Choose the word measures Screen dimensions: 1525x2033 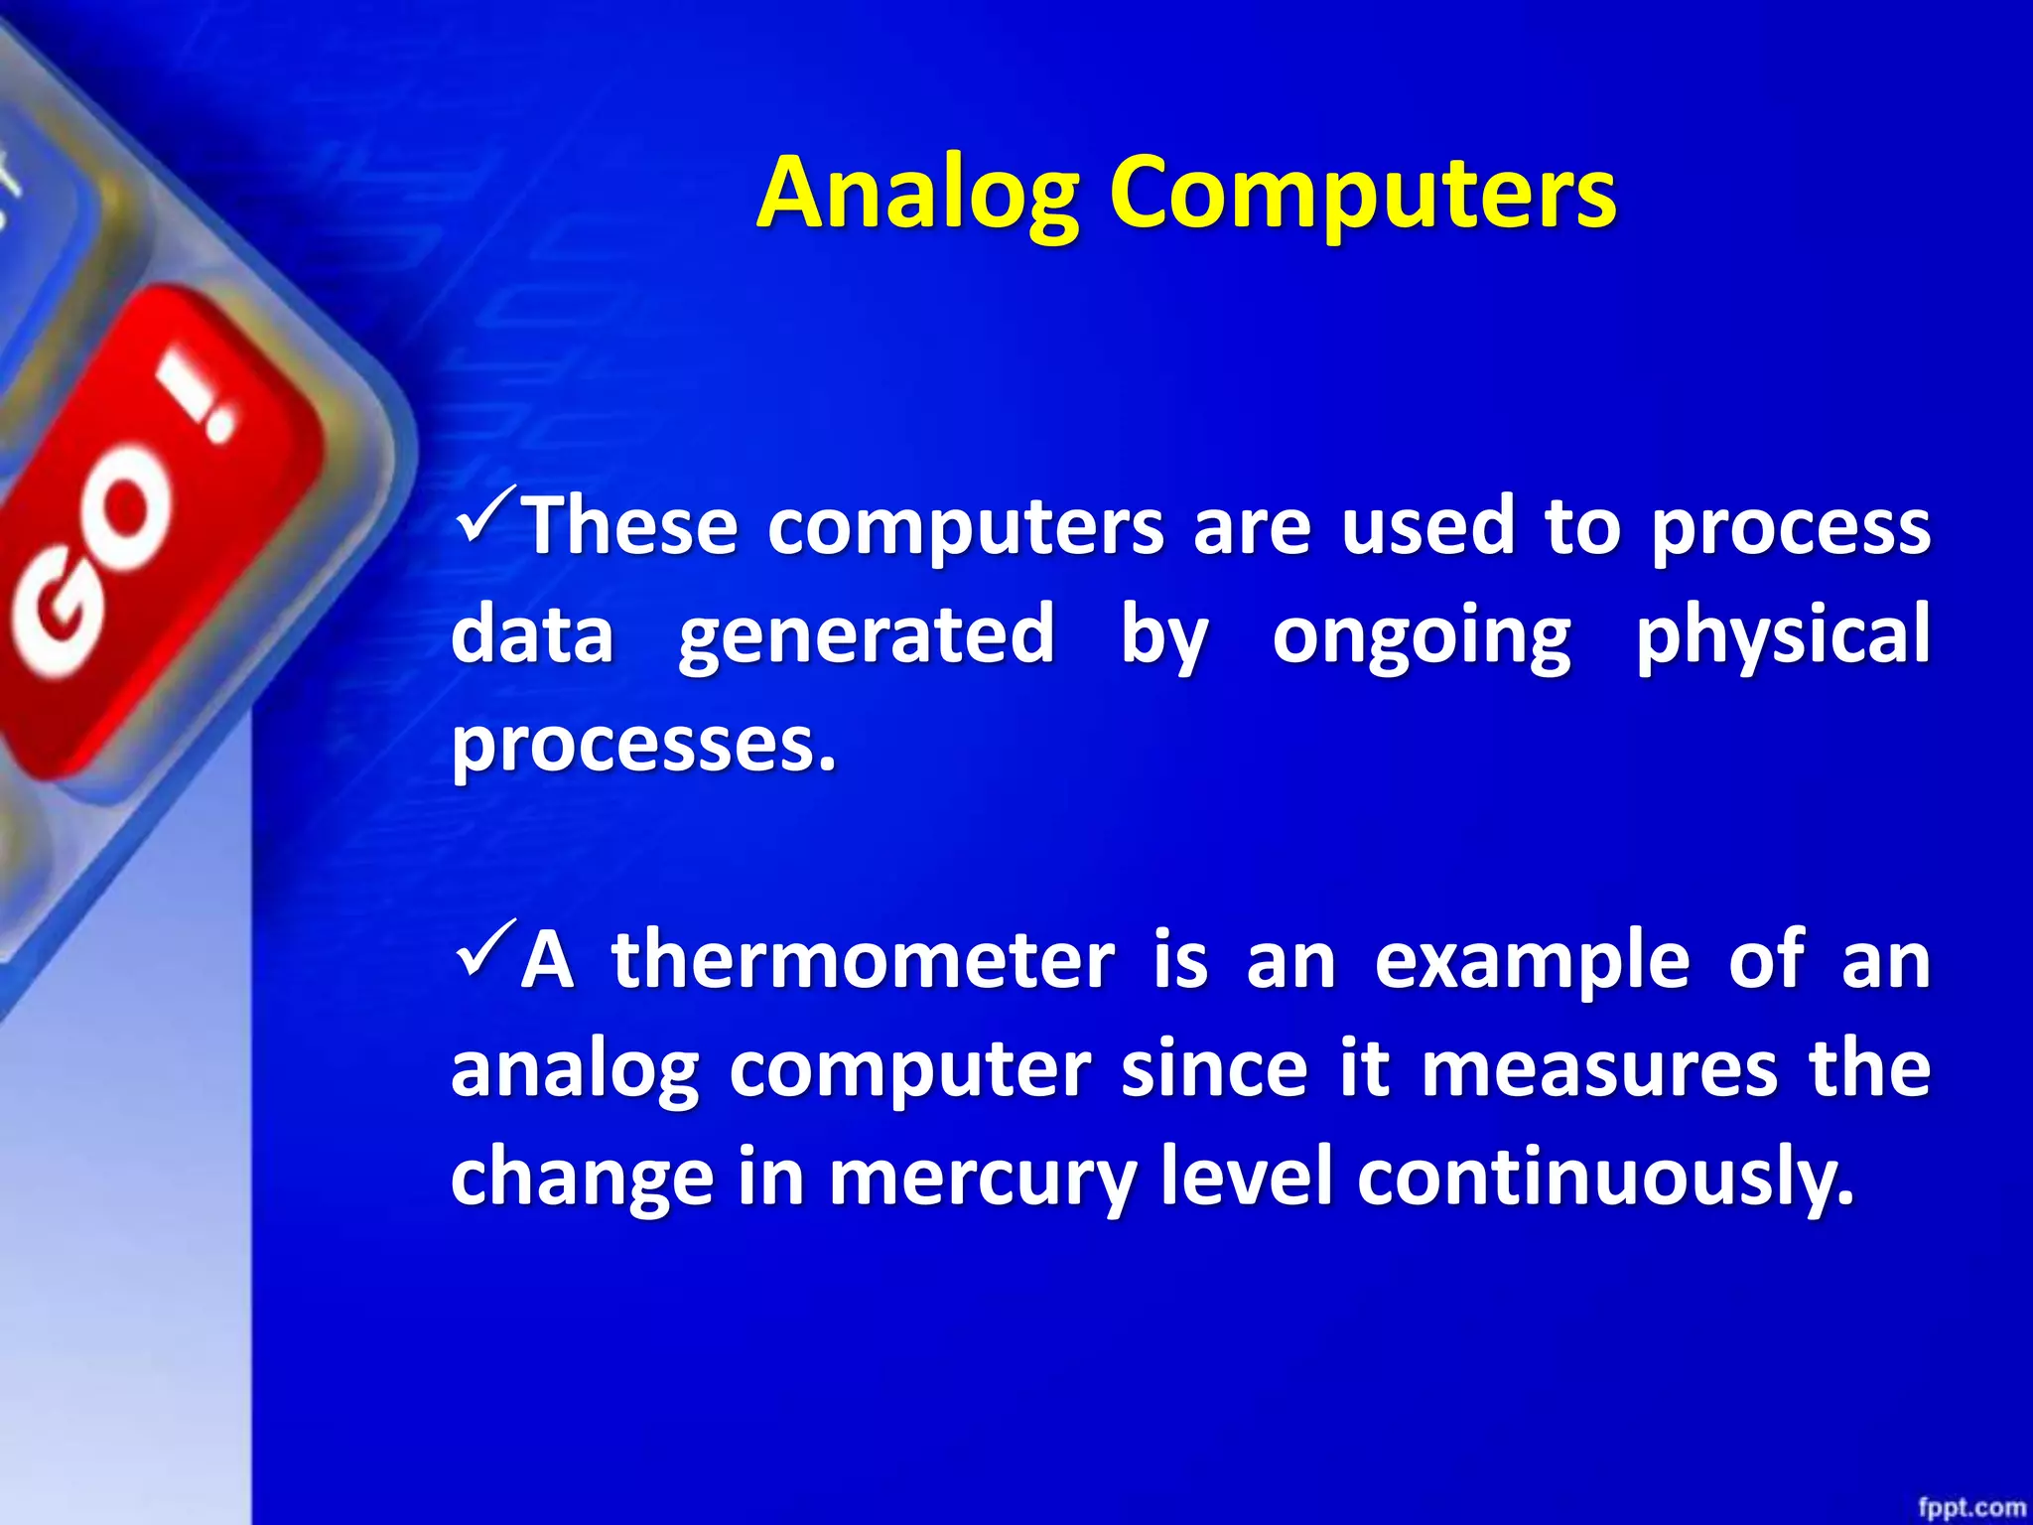click(x=1598, y=1070)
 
